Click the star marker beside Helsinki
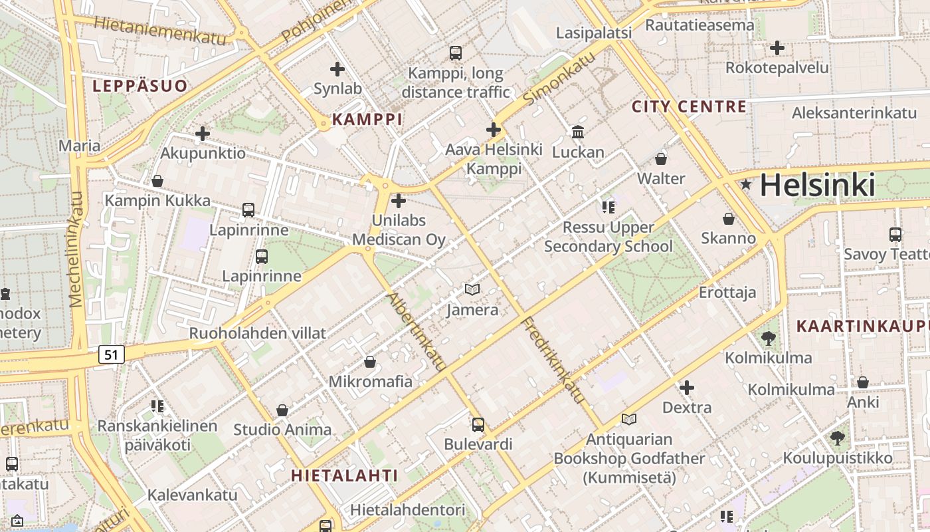(747, 184)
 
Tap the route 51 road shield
(112, 354)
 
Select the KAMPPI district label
(367, 120)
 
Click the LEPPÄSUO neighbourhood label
(140, 86)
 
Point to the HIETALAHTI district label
(345, 475)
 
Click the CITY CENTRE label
(689, 106)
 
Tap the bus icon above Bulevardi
(478, 424)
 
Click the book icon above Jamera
(472, 290)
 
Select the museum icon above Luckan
(578, 132)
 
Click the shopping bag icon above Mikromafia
(370, 362)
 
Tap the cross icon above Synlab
(337, 68)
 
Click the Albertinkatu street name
(417, 331)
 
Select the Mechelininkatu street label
(77, 249)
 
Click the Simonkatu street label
(559, 78)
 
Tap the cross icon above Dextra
(687, 387)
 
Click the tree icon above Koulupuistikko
(838, 438)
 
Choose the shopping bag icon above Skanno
(729, 219)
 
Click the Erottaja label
(727, 293)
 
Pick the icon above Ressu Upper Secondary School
(608, 207)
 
